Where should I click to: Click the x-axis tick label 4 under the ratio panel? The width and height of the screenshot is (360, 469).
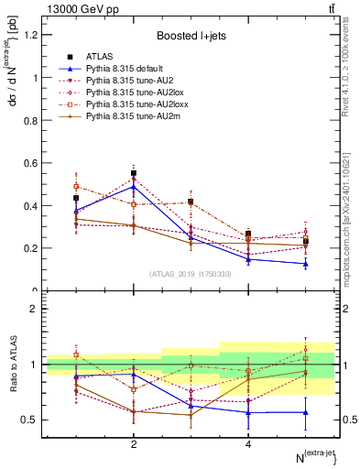tap(248, 443)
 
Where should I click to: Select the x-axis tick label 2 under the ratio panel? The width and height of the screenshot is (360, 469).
tap(134, 443)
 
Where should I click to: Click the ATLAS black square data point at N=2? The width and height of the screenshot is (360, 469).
tap(134, 173)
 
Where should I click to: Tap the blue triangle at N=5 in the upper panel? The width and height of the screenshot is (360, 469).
tap(306, 264)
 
